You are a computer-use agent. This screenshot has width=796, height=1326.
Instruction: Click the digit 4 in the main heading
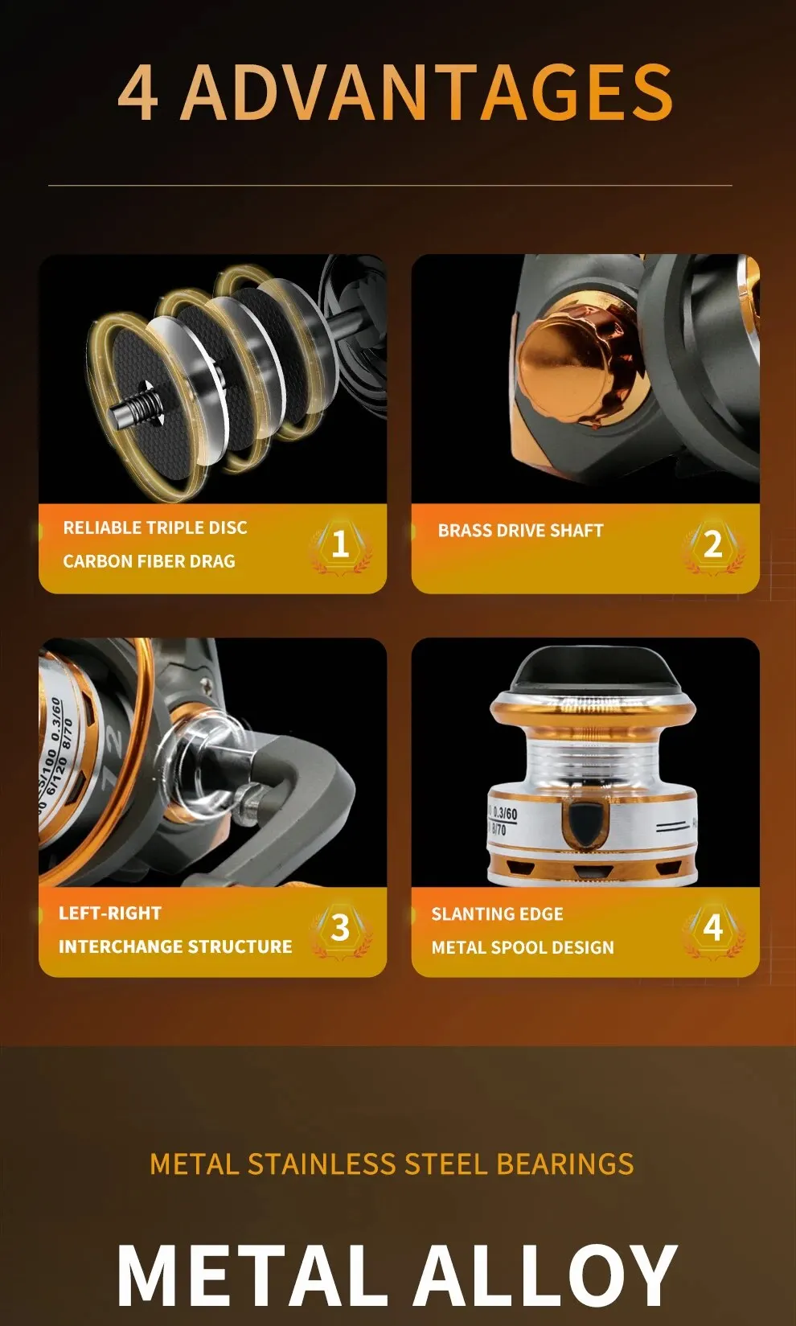click(x=138, y=92)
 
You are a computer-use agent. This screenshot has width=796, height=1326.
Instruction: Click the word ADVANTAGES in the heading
click(x=427, y=92)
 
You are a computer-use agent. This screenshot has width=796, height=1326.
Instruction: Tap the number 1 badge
click(x=340, y=544)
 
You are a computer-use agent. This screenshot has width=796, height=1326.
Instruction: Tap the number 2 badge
click(x=713, y=544)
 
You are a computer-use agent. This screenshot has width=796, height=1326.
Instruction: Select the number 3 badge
click(x=340, y=928)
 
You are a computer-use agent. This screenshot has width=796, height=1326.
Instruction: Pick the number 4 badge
click(x=713, y=928)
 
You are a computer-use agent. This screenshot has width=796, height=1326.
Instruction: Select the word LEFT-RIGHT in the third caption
click(x=110, y=913)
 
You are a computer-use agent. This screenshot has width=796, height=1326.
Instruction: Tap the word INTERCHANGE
click(x=128, y=946)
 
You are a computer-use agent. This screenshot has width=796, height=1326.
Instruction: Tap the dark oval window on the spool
click(x=586, y=824)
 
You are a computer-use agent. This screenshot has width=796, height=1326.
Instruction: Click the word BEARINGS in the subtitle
click(x=565, y=1164)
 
